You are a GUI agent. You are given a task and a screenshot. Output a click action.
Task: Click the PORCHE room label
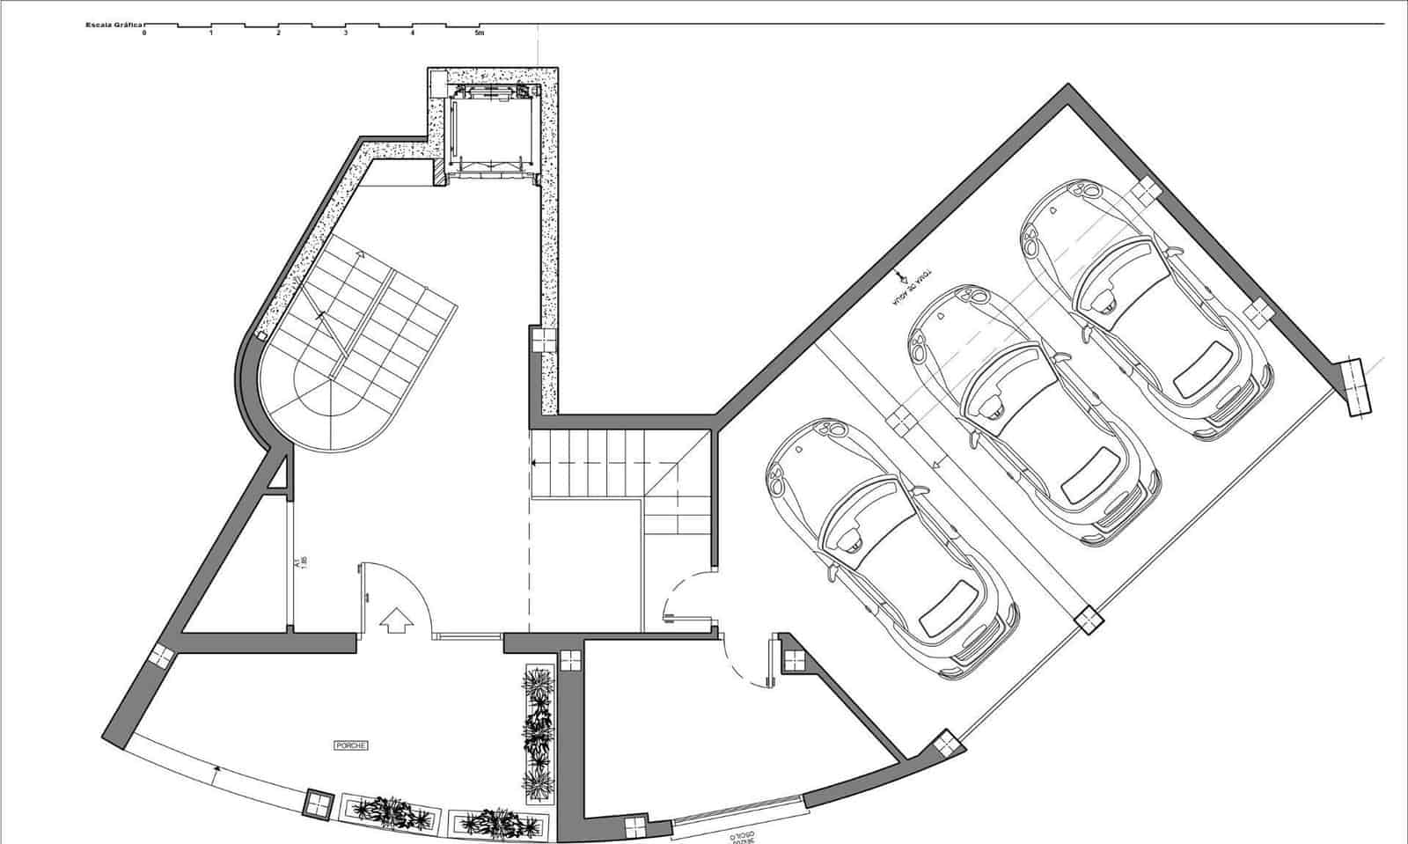click(x=350, y=745)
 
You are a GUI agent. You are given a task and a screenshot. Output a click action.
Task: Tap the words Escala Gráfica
click(x=114, y=26)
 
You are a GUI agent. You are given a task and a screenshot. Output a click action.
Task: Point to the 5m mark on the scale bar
click(x=480, y=33)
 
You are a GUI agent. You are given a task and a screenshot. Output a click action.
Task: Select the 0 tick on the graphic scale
click(x=144, y=33)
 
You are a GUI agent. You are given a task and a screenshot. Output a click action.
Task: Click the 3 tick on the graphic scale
click(x=345, y=33)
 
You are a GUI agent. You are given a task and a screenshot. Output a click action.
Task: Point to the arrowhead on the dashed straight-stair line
click(x=534, y=462)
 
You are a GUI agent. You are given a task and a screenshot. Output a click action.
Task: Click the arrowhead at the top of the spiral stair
click(x=360, y=254)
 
